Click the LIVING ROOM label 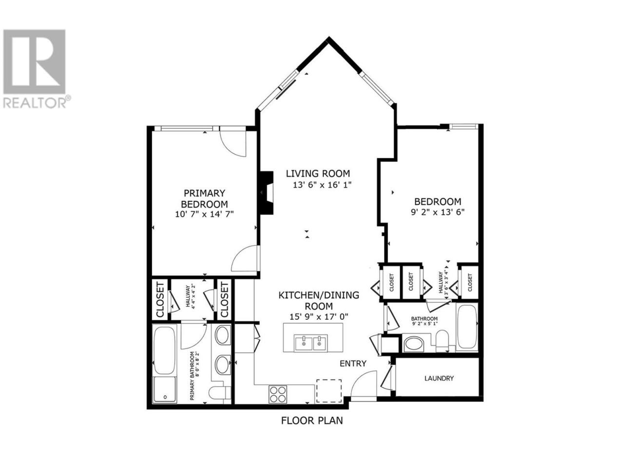(317, 174)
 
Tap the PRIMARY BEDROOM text (204, 198)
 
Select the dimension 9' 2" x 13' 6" (437, 212)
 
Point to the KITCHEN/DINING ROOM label (319, 300)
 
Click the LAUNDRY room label (439, 378)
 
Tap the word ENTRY (353, 364)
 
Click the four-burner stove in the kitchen (277, 394)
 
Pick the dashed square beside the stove (329, 390)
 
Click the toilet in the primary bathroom (220, 393)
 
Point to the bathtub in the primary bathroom (164, 350)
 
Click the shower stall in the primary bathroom (164, 390)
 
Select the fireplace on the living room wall (267, 193)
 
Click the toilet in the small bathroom (442, 341)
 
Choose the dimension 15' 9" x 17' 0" (319, 316)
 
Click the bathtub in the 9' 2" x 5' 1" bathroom (467, 327)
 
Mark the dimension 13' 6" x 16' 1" (322, 185)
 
